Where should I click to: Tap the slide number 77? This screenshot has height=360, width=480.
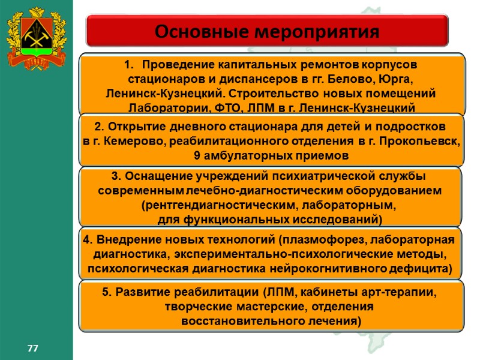pos(32,348)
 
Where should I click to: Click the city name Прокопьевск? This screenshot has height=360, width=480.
pos(424,141)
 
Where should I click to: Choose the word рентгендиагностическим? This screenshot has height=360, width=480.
pos(205,205)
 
